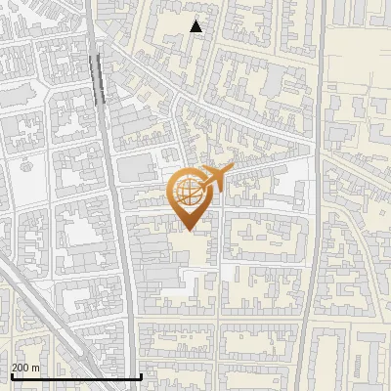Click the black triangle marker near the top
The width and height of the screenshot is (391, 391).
coord(196,26)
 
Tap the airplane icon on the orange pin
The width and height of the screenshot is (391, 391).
coord(216,177)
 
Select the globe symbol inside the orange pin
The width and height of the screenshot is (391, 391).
coord(187,193)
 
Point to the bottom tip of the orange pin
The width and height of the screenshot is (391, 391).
coord(187,230)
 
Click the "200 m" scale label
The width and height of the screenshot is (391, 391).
coord(24,367)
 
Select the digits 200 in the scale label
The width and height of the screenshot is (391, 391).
coord(20,367)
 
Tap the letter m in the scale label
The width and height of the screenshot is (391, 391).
coord(34,367)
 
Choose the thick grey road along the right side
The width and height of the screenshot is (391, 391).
coord(311,244)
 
